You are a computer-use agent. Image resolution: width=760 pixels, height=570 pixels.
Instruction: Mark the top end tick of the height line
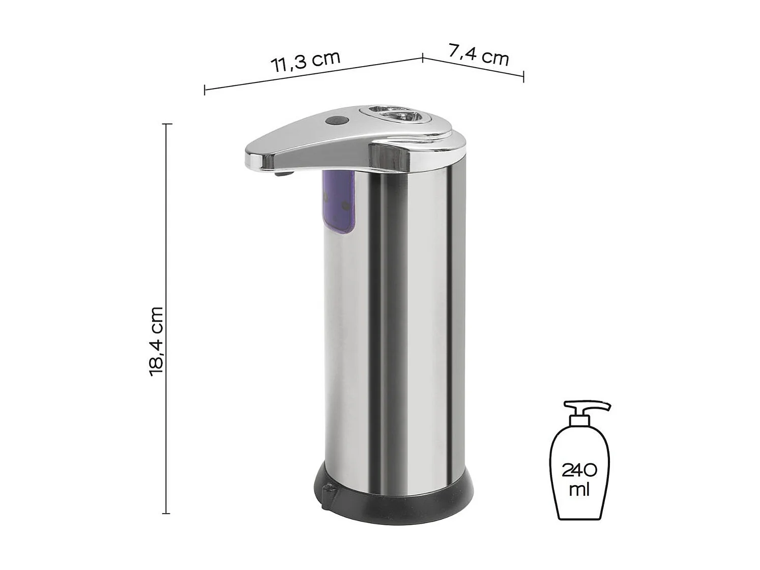(x=166, y=124)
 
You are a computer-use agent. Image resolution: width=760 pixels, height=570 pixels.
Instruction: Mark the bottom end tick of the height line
(x=166, y=514)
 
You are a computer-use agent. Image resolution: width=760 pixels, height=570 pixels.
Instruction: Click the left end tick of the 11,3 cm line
(x=204, y=90)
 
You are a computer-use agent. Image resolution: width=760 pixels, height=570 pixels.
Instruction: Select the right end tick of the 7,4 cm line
(x=523, y=77)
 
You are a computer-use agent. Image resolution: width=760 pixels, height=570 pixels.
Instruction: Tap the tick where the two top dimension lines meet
(x=423, y=57)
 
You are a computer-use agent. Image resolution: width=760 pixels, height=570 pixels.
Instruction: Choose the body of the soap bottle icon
(x=579, y=473)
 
